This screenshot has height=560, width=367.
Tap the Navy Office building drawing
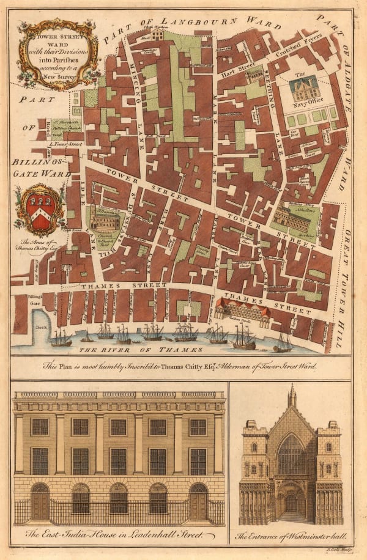point(304,89)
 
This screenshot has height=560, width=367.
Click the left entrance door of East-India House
point(40,503)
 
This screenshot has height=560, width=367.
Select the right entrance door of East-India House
point(198,503)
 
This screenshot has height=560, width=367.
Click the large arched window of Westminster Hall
point(291,455)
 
